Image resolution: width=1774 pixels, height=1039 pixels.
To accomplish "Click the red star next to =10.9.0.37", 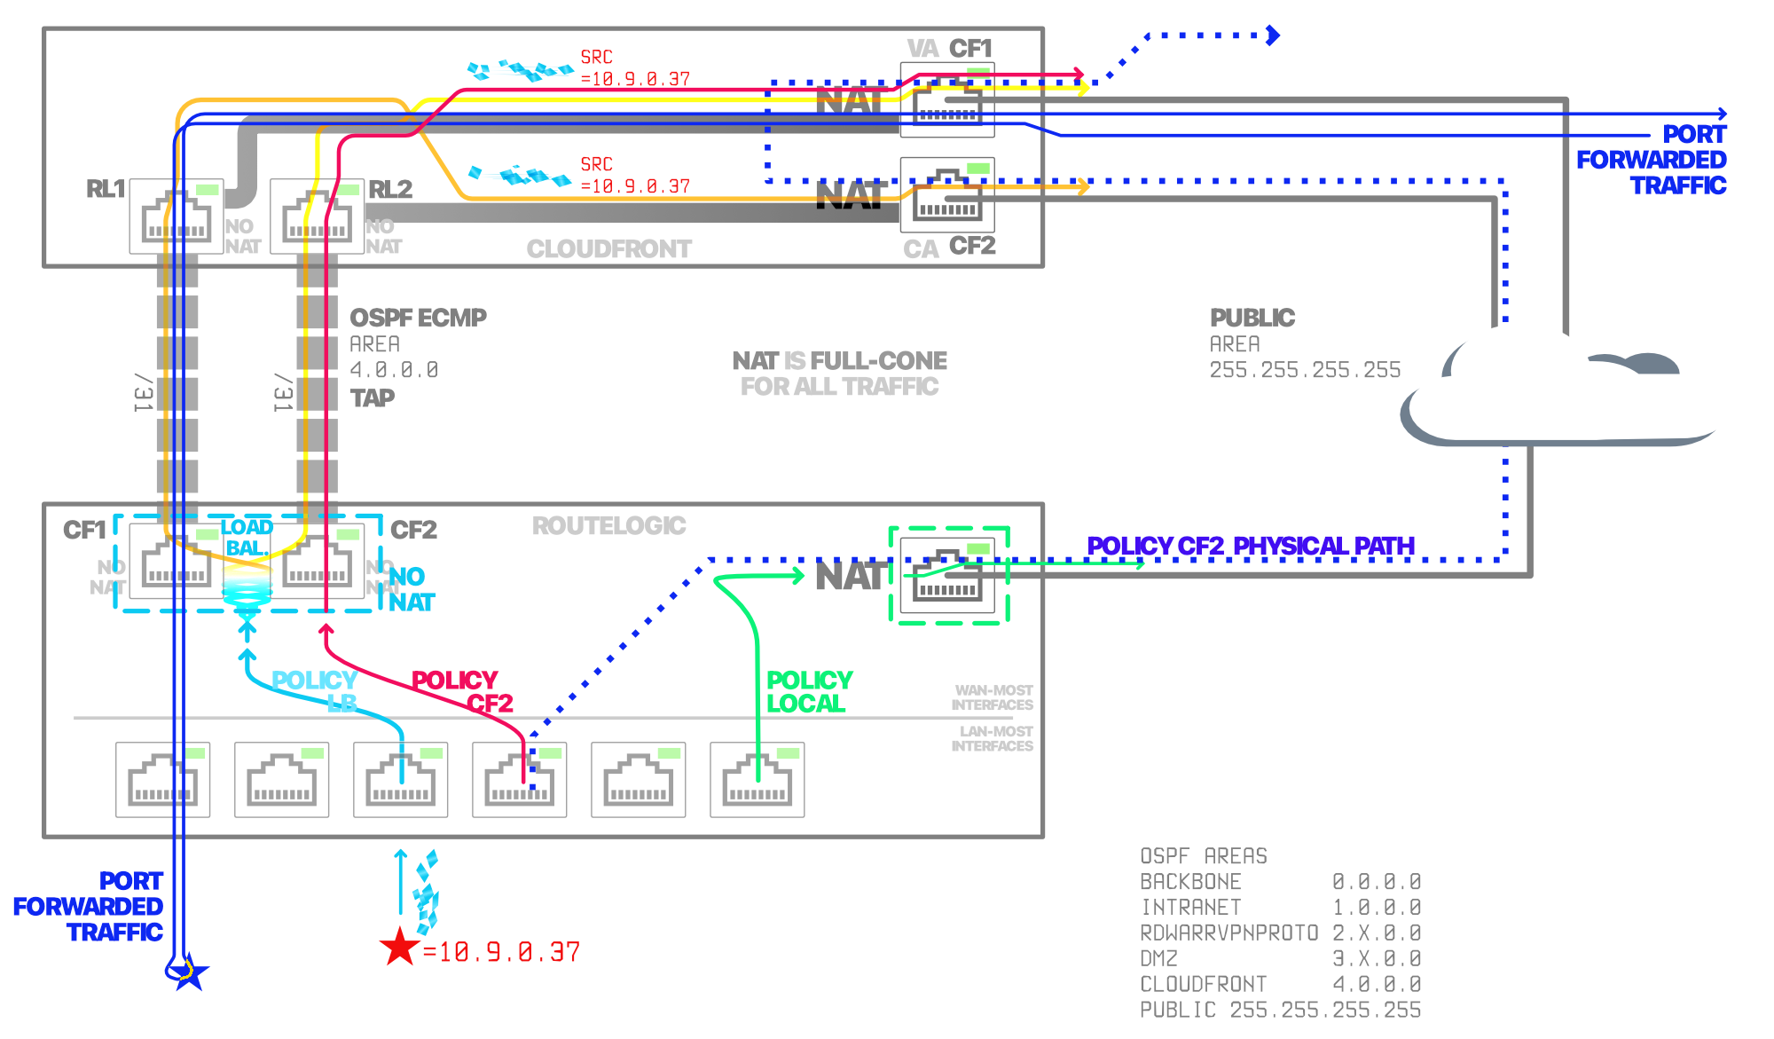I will click(400, 947).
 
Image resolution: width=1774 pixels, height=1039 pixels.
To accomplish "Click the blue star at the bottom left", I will click(188, 974).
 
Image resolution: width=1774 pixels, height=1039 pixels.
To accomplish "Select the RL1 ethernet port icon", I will click(177, 216).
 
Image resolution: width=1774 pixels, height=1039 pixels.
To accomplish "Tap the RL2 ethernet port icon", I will click(317, 216).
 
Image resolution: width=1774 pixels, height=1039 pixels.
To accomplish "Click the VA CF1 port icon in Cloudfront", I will click(947, 100).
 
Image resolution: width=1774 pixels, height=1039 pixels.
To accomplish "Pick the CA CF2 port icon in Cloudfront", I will click(947, 195).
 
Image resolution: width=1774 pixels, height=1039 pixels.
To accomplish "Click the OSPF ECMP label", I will click(418, 318).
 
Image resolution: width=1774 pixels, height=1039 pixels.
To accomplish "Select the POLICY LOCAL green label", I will click(808, 692).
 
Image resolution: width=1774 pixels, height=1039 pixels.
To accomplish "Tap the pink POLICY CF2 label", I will click(462, 692).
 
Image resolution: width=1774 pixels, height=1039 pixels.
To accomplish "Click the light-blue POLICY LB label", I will click(315, 692).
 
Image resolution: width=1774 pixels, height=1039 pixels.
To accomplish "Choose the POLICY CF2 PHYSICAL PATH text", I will click(1251, 547).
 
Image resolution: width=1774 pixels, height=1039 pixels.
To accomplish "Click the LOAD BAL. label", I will click(247, 538).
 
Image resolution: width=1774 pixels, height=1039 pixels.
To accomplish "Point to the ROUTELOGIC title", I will click(608, 526).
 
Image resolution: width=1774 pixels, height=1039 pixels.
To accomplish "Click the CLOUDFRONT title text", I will click(608, 249).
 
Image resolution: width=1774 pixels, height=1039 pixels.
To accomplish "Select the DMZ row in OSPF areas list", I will click(1280, 959).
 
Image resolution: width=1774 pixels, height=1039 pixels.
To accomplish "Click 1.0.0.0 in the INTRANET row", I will click(1377, 908).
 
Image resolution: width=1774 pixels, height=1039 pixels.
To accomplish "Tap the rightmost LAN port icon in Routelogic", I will click(757, 780).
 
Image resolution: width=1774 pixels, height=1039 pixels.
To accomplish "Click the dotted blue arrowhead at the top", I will click(1274, 35).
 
